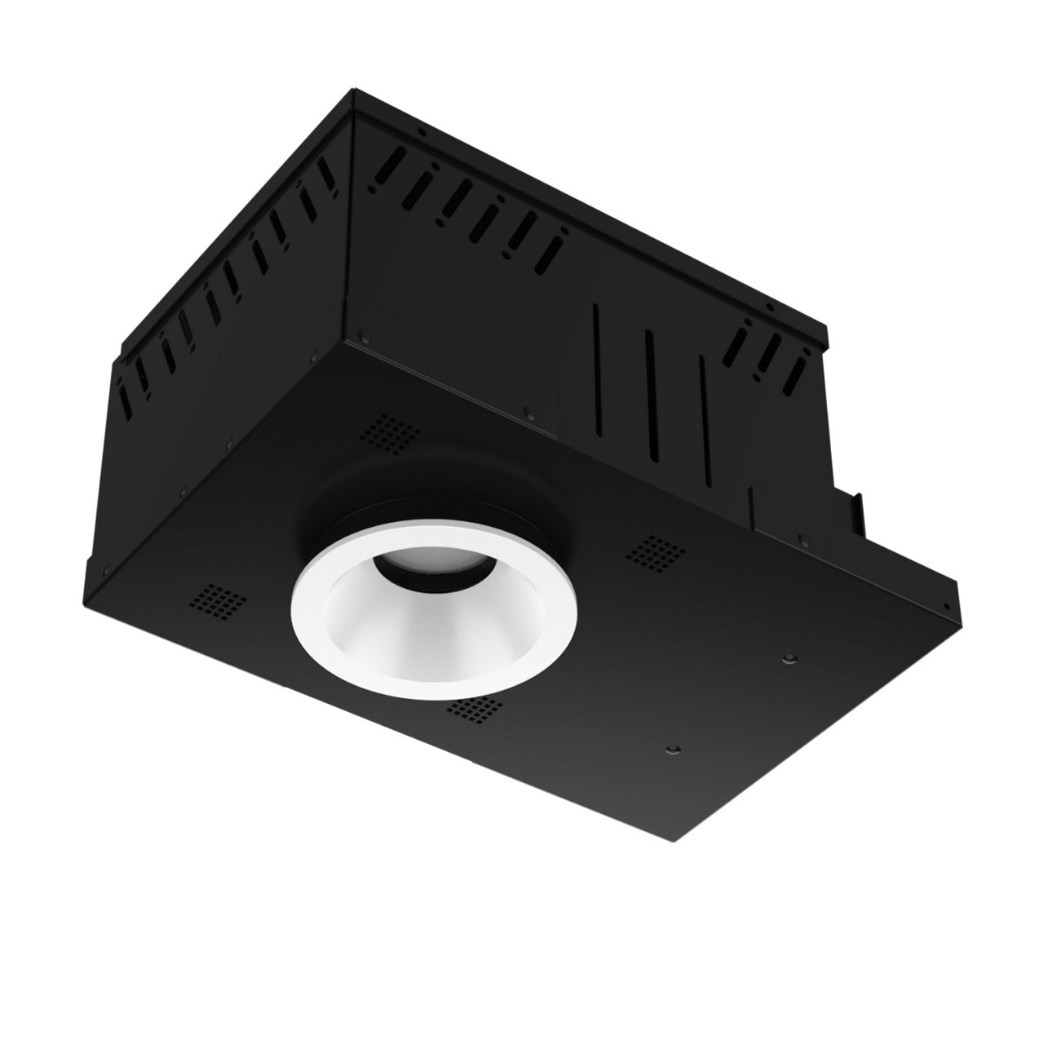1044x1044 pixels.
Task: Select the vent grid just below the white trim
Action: click(x=477, y=710)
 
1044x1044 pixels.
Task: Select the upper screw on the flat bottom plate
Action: click(x=789, y=658)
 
